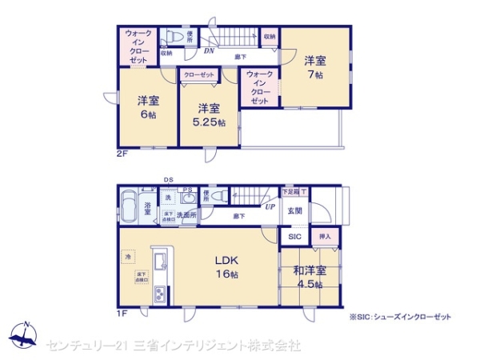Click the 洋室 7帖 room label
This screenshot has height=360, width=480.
pyautogui.click(x=313, y=66)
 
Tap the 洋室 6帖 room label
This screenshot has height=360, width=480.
pyautogui.click(x=146, y=107)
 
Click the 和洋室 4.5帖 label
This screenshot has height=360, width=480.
pyautogui.click(x=307, y=277)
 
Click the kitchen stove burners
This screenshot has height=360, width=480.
pyautogui.click(x=158, y=294)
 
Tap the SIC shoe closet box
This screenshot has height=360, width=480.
pyautogui.click(x=294, y=238)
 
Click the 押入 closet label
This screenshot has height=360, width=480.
pyautogui.click(x=325, y=238)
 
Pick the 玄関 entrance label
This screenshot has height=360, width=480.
pyautogui.click(x=294, y=212)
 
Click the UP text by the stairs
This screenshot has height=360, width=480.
pyautogui.click(x=270, y=206)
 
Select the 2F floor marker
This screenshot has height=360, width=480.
pyautogui.click(x=122, y=152)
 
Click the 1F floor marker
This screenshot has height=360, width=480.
pyautogui.click(x=122, y=313)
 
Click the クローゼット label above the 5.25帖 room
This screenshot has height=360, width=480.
pyautogui.click(x=198, y=75)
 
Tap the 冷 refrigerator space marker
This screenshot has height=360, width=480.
pyautogui.click(x=128, y=256)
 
